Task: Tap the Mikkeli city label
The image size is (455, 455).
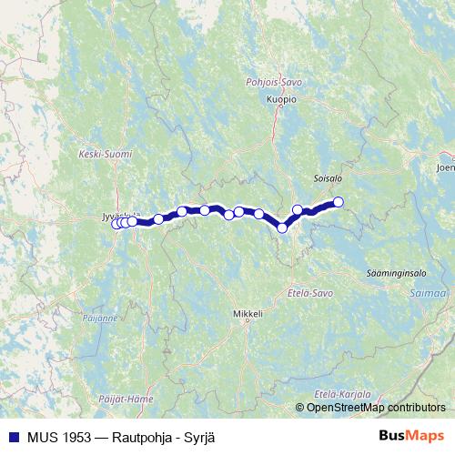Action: coord(248,315)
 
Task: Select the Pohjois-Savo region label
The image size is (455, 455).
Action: coord(274,82)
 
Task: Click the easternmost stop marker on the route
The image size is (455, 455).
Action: coord(339,202)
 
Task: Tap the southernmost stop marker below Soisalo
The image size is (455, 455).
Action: coord(282,227)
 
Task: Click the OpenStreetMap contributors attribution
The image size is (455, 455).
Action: coord(376,407)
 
